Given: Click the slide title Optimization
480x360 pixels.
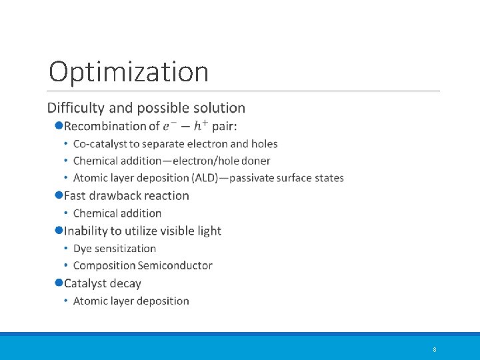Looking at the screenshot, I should coord(129,72).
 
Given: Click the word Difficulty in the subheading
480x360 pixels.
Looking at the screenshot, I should coord(74,108).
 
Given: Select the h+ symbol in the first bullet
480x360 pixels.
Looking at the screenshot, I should coord(201,125).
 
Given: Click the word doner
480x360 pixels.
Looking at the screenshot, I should coord(255,161).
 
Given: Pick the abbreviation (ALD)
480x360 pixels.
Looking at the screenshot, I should coord(208,178).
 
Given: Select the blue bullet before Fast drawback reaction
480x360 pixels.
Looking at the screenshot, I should coord(59,195).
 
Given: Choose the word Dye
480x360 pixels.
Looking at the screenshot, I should coord(83,249).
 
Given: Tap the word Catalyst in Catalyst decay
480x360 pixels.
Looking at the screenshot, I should coord(85,283).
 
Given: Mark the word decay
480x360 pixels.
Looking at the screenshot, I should coord(126,283).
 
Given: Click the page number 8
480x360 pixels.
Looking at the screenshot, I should coord(434,349).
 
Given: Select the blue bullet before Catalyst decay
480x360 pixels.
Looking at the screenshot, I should coord(59,283).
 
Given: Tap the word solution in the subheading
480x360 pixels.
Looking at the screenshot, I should coord(220,108).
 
